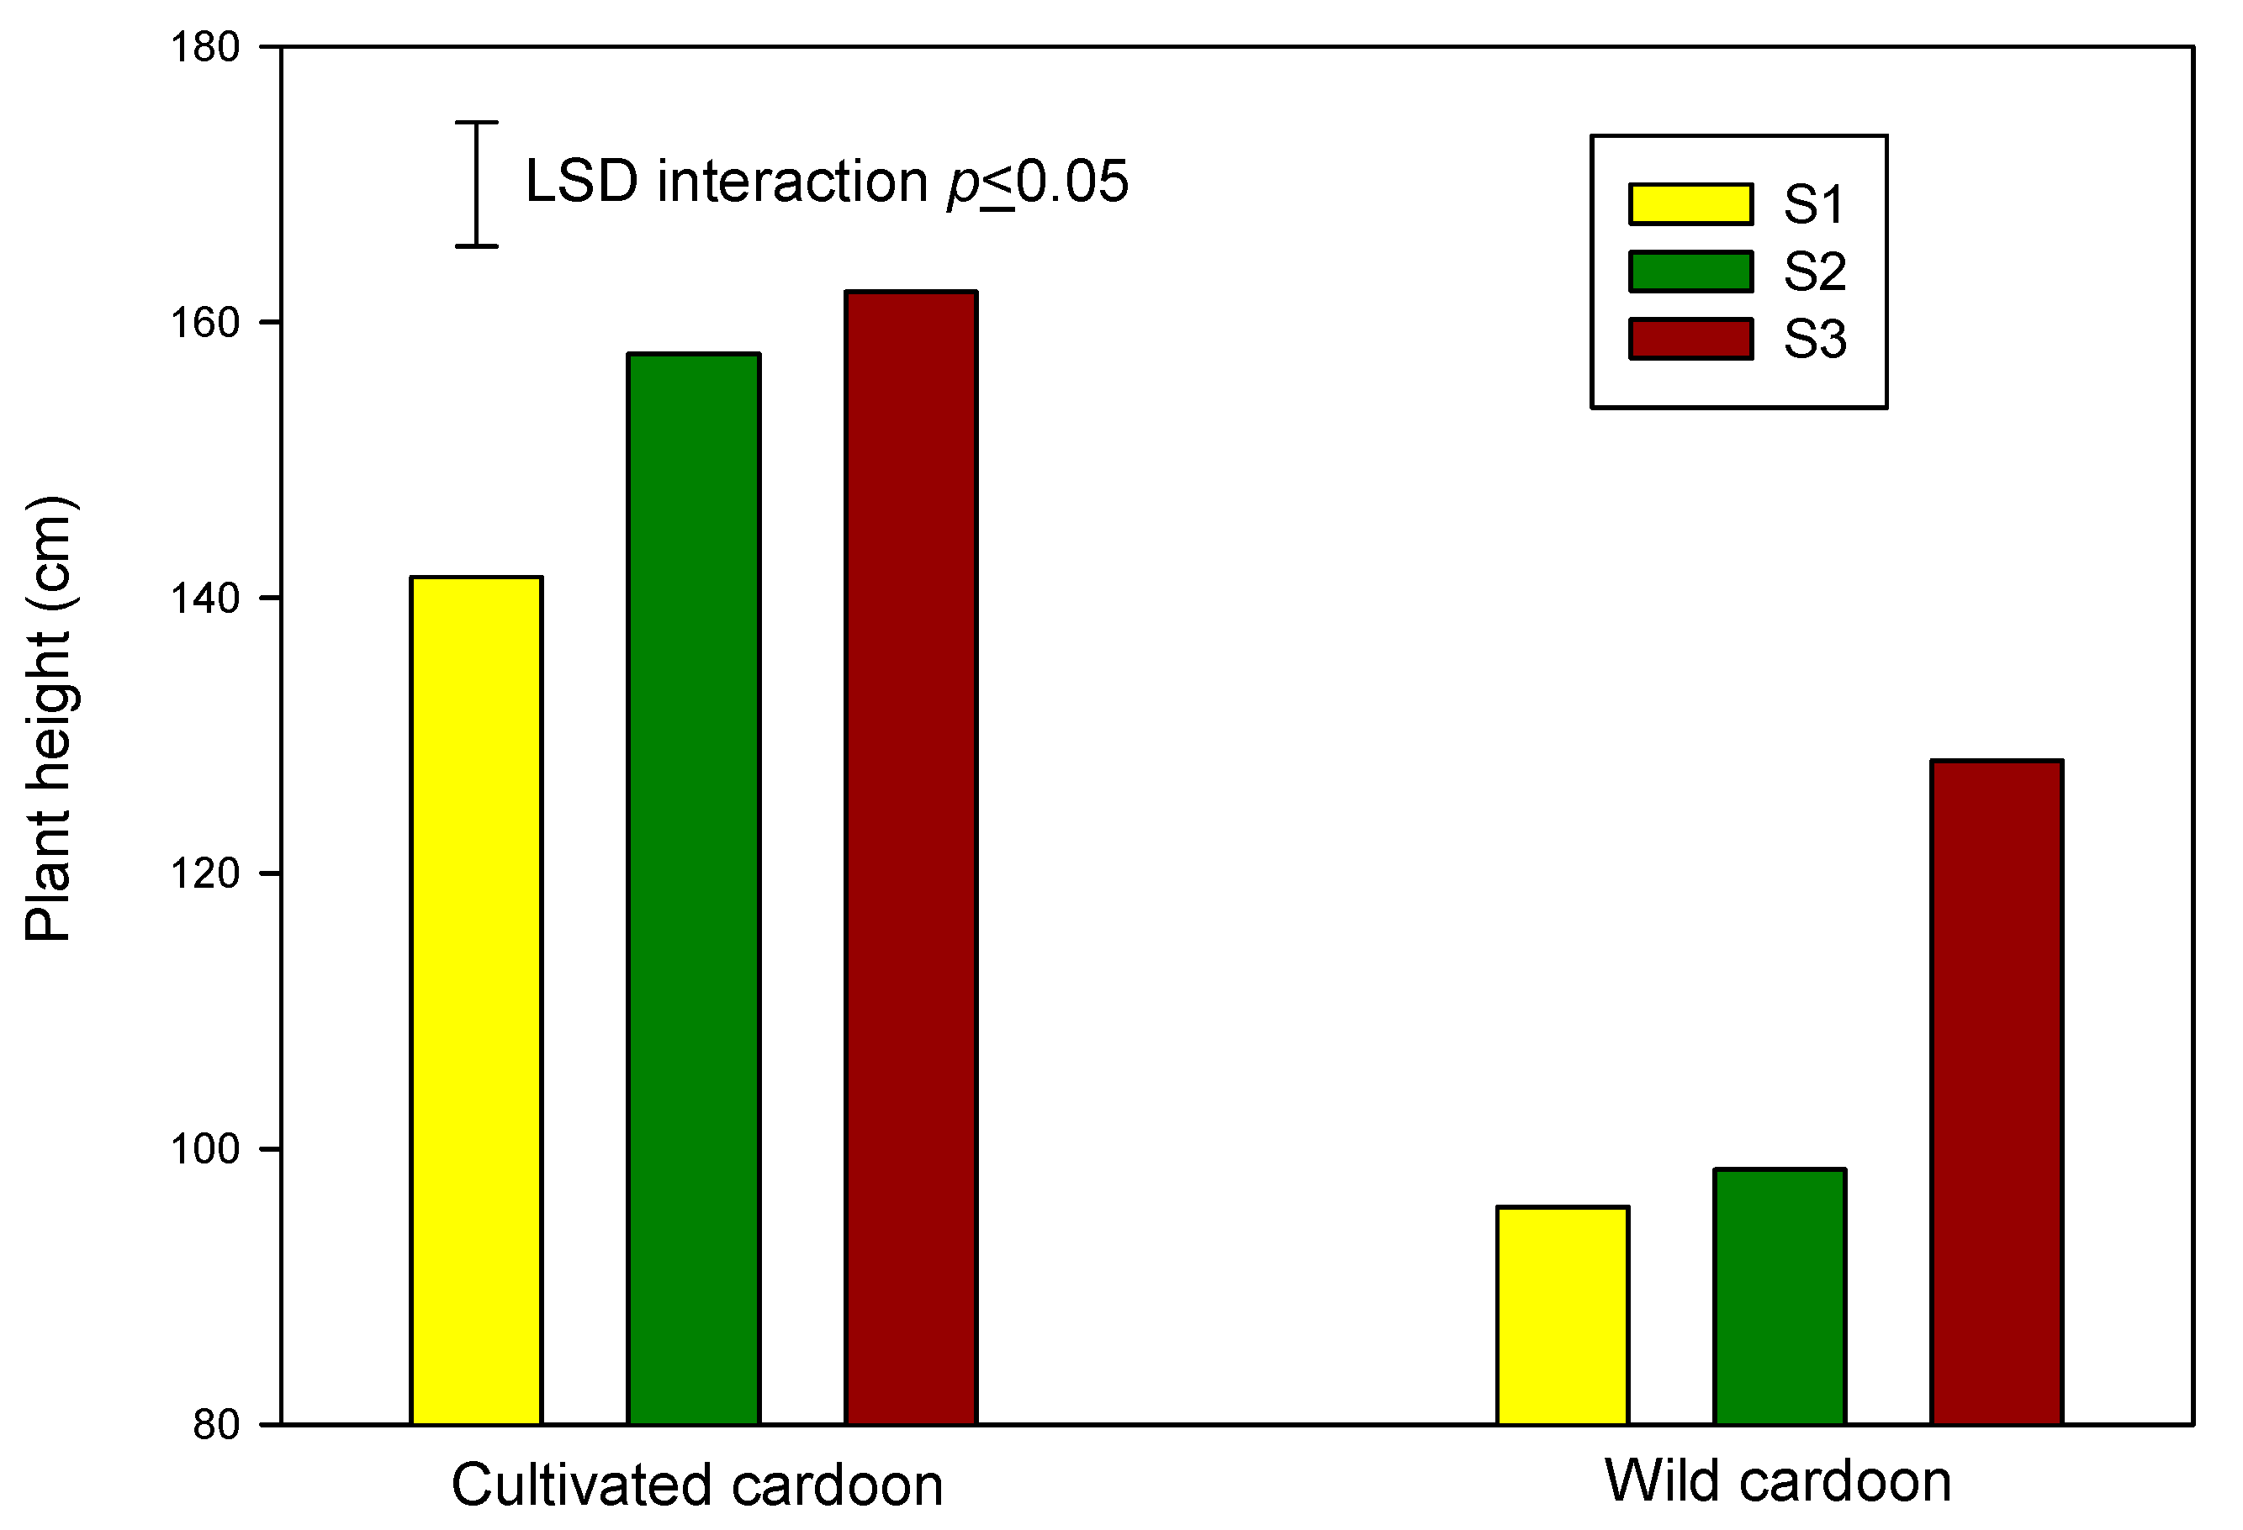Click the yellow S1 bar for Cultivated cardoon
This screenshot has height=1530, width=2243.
click(x=476, y=1000)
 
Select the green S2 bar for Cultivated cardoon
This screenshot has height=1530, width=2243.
click(x=693, y=889)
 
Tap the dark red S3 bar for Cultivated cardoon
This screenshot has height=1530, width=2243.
click(x=910, y=857)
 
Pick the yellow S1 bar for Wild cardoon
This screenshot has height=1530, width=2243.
click(x=1563, y=1315)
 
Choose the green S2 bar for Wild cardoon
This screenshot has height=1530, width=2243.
click(x=1779, y=1295)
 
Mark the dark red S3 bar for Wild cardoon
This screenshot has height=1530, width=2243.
click(x=1996, y=1091)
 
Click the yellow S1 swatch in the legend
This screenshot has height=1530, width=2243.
click(x=1690, y=204)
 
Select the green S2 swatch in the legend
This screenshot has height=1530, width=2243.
click(x=1690, y=271)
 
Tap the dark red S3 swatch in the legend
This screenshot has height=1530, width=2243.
click(x=1690, y=339)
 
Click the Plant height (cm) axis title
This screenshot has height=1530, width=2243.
click(x=48, y=719)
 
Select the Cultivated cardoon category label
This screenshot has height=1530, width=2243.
click(x=697, y=1485)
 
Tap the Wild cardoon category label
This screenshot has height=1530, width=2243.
click(x=1778, y=1480)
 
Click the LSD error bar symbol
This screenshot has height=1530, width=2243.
click(x=476, y=184)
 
